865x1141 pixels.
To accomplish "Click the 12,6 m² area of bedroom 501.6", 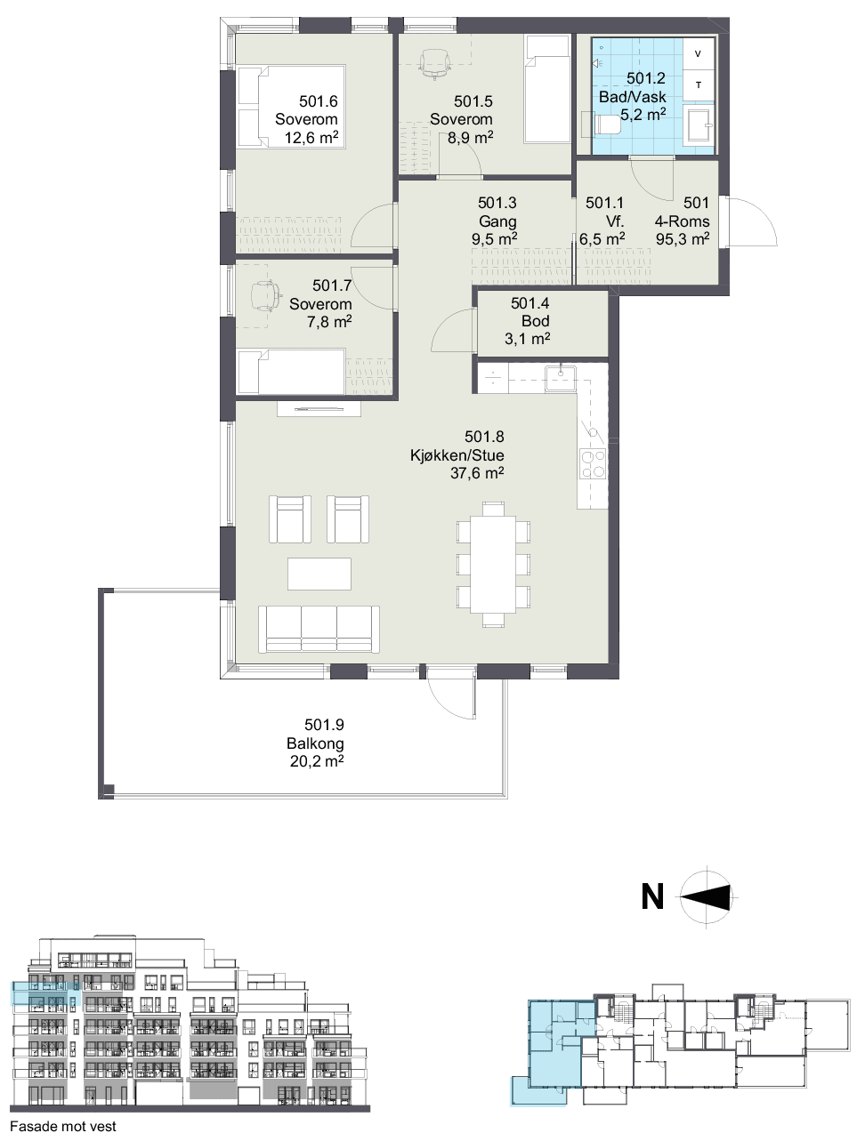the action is [x=311, y=137].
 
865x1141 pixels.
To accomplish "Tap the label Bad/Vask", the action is [x=632, y=97].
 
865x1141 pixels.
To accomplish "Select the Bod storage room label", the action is [x=535, y=321].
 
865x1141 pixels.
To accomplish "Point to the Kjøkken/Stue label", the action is [x=457, y=455].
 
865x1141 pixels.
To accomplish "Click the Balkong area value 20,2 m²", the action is [x=316, y=761].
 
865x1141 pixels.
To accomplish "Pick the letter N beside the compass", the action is [x=652, y=896].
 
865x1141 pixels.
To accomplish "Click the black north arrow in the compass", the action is [x=706, y=897].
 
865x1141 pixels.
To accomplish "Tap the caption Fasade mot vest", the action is [x=63, y=1127].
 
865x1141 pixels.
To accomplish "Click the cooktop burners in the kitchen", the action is [x=593, y=463].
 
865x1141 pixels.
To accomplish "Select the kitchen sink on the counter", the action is [x=560, y=378].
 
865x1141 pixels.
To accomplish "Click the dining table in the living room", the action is [x=493, y=565].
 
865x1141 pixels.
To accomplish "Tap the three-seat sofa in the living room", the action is [x=319, y=629].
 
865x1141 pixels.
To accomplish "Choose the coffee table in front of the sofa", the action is [x=319, y=574].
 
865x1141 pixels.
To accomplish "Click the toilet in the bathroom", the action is [x=607, y=125].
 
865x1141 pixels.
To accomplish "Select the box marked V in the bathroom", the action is [x=698, y=54].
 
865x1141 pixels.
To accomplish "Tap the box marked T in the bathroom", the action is [x=698, y=85].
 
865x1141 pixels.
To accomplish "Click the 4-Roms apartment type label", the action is [x=682, y=221].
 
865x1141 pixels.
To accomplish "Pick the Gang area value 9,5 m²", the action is [x=494, y=239].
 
